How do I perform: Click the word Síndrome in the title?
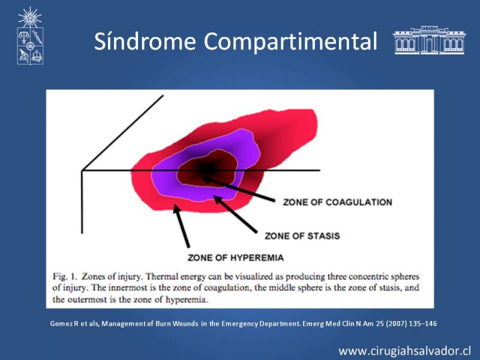pyautogui.click(x=145, y=41)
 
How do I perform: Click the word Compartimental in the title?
pyautogui.click(x=290, y=41)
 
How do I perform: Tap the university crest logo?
pyautogui.click(x=30, y=36)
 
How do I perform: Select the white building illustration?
pyautogui.click(x=430, y=40)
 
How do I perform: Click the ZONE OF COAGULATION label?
pyautogui.click(x=337, y=202)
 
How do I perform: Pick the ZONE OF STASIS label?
pyautogui.click(x=302, y=236)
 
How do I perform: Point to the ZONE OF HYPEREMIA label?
pyautogui.click(x=236, y=257)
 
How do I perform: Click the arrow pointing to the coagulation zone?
pyautogui.click(x=238, y=189)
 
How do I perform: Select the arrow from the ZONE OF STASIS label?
pyautogui.click(x=235, y=214)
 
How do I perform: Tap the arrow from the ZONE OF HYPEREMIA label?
pyautogui.click(x=182, y=226)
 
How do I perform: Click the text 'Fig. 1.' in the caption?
pyautogui.click(x=64, y=277)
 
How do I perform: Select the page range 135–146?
pyautogui.click(x=423, y=323)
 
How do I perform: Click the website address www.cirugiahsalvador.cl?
pyautogui.click(x=404, y=351)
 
